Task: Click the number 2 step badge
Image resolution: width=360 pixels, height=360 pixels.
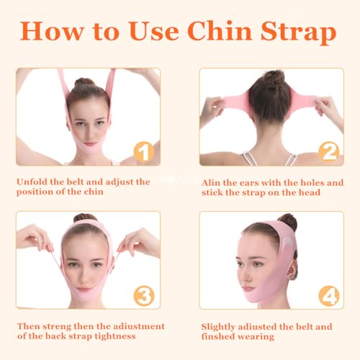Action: pos(329,151)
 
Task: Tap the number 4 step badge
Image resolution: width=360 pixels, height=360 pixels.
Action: pos(329,294)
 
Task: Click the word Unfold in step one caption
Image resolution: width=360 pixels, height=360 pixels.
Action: pos(35,182)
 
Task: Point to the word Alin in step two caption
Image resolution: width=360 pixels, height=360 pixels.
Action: pos(212,182)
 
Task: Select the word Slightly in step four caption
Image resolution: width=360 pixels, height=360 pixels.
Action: pos(220,326)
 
